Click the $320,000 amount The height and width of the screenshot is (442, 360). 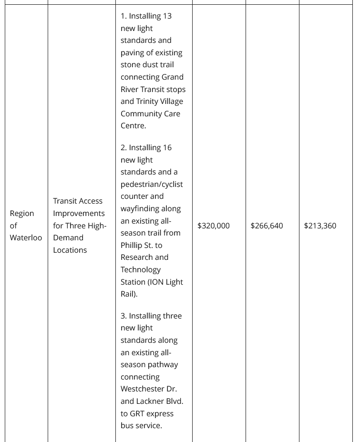tap(213, 226)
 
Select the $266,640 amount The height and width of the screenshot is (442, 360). tap(267, 226)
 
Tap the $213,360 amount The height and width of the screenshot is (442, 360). tap(320, 226)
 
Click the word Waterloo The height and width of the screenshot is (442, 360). tap(26, 237)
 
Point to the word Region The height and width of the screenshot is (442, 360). tap(22, 213)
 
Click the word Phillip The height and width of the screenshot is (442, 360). tap(134, 245)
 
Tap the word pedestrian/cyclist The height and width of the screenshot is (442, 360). tap(152, 184)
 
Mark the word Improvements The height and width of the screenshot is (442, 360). tap(79, 213)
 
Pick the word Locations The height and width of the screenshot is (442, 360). tap(70, 250)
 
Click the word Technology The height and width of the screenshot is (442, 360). tap(142, 269)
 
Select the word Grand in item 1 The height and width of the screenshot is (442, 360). tap(172, 77)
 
